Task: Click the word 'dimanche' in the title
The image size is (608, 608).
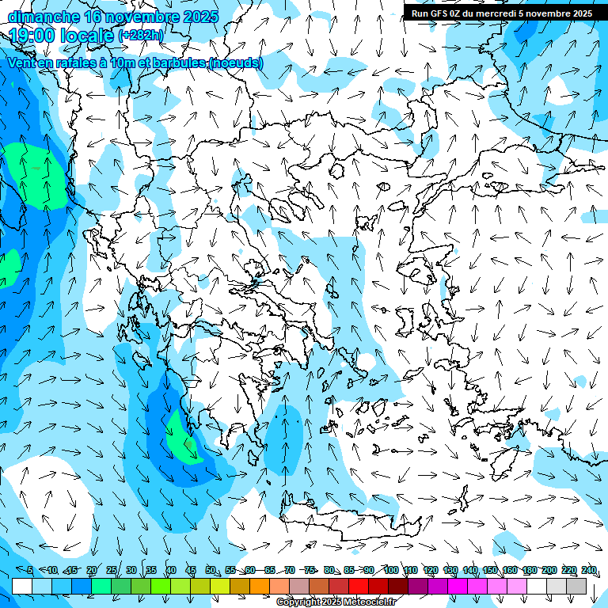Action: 44,16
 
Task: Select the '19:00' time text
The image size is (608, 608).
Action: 36,35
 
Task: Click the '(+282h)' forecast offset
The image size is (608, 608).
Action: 141,36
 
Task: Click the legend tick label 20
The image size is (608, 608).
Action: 91,571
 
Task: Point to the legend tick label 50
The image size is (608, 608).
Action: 210,571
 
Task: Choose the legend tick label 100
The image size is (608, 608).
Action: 390,571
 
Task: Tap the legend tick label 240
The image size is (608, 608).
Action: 588,571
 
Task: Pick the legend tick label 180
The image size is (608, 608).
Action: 529,571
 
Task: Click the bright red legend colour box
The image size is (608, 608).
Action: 359,586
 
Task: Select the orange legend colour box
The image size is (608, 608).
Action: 260,586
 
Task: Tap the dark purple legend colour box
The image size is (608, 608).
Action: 418,586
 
